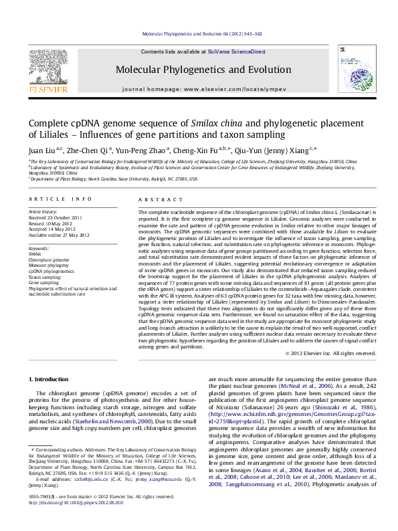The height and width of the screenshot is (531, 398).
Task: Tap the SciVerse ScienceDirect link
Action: click(x=236, y=51)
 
